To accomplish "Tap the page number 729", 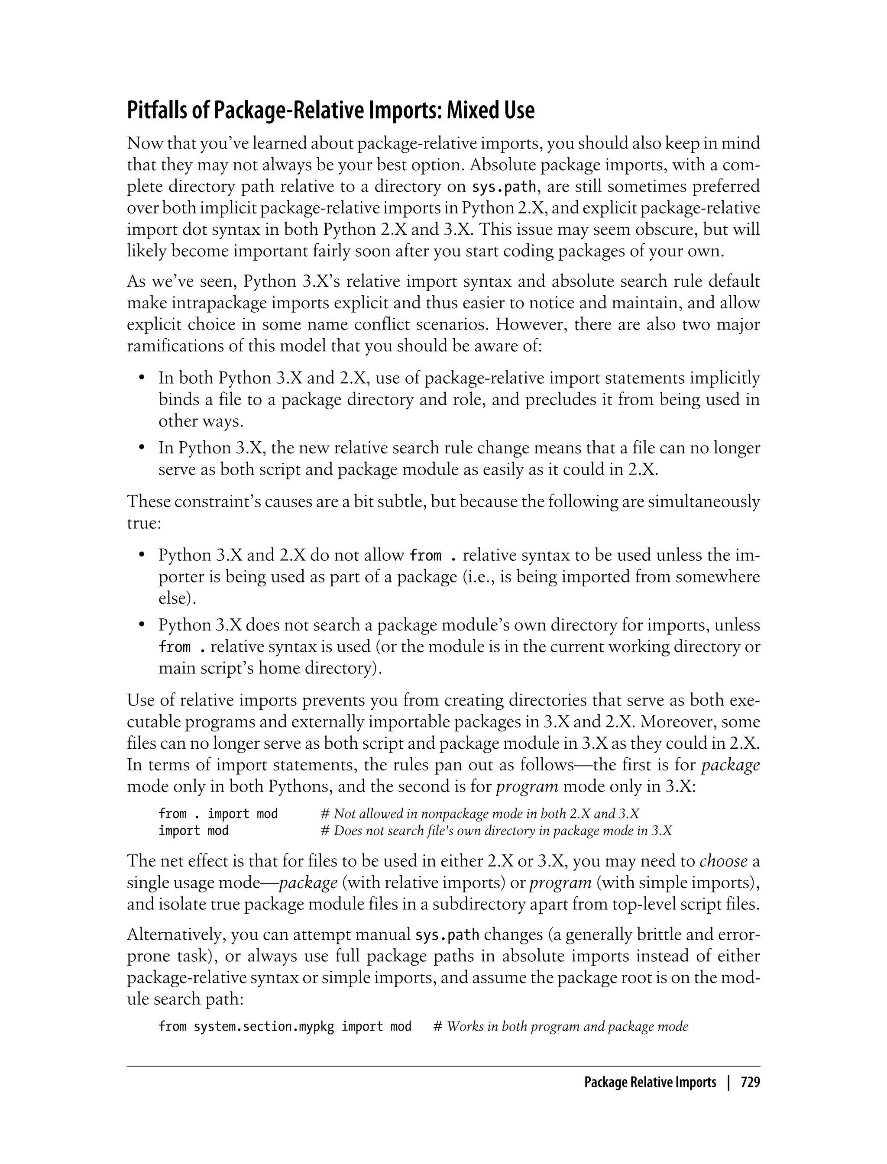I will coord(750,1082).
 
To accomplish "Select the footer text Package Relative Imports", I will coord(650,1082).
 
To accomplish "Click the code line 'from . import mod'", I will coord(218,814).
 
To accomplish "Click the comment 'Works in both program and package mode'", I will coord(567,1026).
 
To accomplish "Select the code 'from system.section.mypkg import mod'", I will coord(285,1026).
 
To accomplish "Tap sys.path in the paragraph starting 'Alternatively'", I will coord(447,935).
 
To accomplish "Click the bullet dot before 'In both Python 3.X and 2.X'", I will coord(142,378).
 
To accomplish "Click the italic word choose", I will coord(723,861).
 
